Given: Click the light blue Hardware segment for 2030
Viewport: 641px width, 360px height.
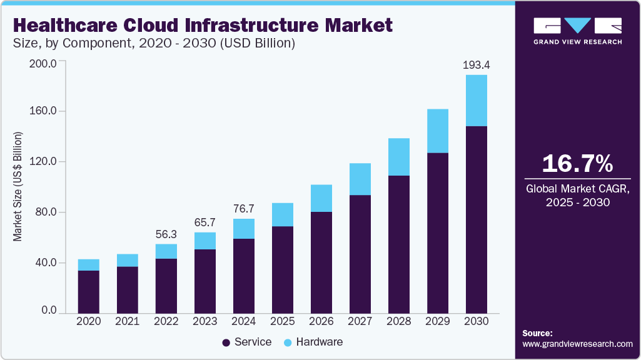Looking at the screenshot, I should [476, 101].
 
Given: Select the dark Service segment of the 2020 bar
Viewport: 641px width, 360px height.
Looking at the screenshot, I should [88, 291].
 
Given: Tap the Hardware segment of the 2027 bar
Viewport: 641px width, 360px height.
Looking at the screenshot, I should [360, 179].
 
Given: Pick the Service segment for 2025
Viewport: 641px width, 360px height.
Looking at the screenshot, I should [282, 269].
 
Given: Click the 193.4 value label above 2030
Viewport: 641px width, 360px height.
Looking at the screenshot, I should [476, 65].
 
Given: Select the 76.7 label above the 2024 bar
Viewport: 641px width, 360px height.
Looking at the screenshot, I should [243, 209].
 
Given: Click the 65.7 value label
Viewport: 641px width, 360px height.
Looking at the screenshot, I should [204, 222].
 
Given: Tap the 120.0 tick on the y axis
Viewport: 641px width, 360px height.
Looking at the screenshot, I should [44, 162].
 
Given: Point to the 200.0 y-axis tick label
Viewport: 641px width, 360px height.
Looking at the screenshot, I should [44, 64].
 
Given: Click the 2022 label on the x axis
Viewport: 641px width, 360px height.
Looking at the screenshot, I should [166, 321].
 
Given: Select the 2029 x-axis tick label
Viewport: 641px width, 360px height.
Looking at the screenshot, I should [437, 321].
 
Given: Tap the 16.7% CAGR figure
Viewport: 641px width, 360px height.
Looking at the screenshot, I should [577, 164].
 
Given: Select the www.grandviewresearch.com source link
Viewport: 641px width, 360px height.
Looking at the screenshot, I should [577, 344].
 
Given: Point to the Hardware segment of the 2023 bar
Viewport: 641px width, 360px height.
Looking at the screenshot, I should [204, 241].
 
